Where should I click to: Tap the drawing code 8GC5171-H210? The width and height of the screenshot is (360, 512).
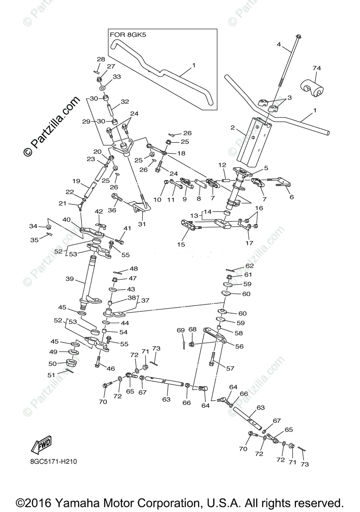pos(53,462)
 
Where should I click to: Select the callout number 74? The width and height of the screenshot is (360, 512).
pos(316,68)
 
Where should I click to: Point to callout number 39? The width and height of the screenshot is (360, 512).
pos(70,279)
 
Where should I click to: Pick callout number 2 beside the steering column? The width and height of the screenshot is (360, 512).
pos(233,127)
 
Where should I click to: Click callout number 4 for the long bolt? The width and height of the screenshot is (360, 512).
pos(279,44)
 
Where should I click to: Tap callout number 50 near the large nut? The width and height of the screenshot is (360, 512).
pos(53,363)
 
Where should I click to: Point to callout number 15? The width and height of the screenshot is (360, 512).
pos(181,244)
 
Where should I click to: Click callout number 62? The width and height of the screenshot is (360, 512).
pos(249,266)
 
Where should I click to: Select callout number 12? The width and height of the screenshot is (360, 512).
pos(222,165)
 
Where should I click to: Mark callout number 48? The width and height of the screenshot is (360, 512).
pos(134,269)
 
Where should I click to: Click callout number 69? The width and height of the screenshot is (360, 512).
pos(181,330)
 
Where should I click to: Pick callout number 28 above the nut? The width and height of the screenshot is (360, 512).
pos(101,59)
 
